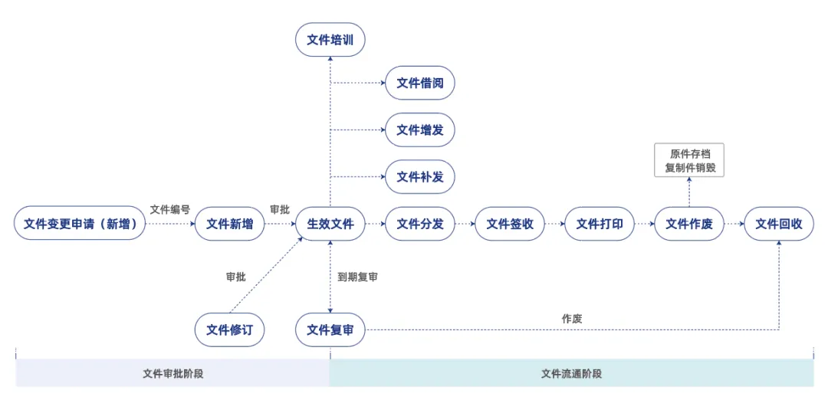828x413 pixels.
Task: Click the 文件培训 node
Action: [330, 40]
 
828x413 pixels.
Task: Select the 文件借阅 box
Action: [419, 83]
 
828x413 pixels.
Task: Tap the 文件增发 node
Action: [419, 130]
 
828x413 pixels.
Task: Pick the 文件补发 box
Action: [419, 177]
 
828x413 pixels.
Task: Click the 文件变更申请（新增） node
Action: [79, 224]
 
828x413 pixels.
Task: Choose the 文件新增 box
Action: [229, 224]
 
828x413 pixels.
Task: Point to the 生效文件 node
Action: [330, 224]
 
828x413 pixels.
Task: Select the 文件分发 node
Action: [419, 224]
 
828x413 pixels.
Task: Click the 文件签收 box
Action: [509, 224]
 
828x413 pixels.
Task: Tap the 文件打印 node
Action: [599, 224]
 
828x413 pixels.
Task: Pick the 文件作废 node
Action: [688, 224]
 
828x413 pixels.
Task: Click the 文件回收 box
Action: [778, 224]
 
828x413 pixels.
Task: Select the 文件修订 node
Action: [229, 330]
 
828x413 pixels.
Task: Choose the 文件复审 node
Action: [330, 330]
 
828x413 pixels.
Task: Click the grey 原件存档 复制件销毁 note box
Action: [688, 161]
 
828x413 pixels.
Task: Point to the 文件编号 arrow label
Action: [169, 209]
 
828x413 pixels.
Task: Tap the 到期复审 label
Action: [357, 277]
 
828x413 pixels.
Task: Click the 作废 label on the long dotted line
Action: [571, 319]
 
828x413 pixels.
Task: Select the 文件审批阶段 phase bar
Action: [172, 374]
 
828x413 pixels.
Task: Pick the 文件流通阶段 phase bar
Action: [571, 374]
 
